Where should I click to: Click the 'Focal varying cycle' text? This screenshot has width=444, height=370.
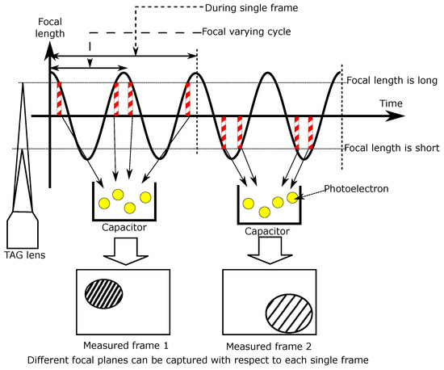coord(241,33)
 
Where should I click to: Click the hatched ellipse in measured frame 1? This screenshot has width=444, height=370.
coord(103,292)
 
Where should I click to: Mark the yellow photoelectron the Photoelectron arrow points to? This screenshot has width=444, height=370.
coord(291,198)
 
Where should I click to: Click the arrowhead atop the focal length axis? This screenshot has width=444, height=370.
coord(51,48)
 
